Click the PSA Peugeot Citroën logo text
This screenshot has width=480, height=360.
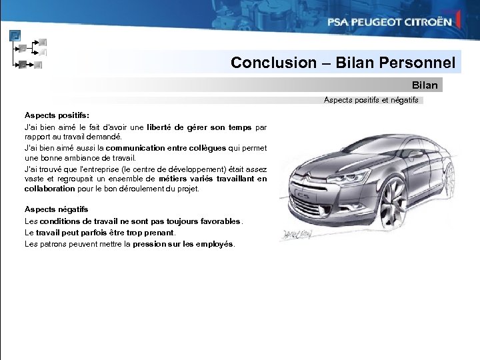point(389,22)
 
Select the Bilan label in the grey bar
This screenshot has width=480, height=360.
point(425,85)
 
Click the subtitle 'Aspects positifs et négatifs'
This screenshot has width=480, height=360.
point(371,101)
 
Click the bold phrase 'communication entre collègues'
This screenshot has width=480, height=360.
point(161,148)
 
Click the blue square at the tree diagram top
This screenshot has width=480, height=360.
point(15,36)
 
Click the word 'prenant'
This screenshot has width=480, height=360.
point(157,233)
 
